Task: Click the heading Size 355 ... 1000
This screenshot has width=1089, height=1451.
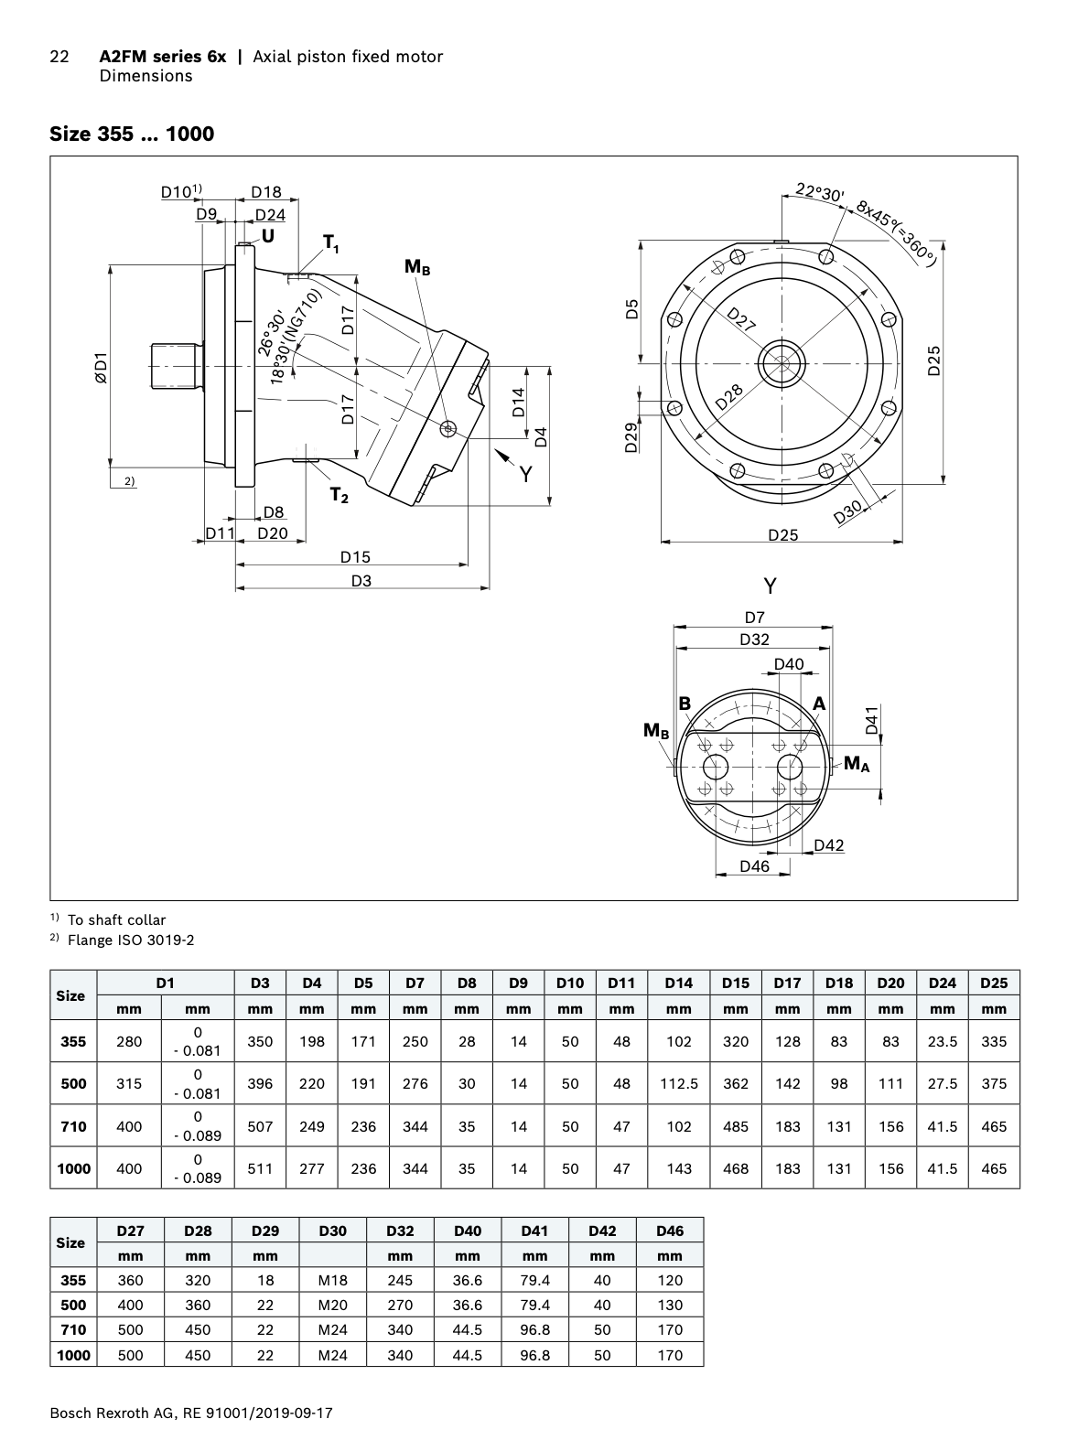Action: [132, 134]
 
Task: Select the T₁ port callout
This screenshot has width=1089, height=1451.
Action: [330, 243]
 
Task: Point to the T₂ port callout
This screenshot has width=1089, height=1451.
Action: [339, 496]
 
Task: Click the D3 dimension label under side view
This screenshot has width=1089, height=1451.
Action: [361, 580]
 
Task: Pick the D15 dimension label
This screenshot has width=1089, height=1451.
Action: [355, 556]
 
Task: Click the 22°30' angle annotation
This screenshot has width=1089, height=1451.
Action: [820, 192]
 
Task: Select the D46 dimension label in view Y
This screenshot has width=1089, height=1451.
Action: [754, 865]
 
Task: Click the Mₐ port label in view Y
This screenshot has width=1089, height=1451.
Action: [856, 763]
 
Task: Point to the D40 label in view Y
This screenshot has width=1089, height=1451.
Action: [788, 664]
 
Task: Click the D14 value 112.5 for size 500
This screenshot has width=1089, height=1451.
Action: [679, 1083]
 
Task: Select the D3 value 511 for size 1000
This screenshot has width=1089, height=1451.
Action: [260, 1168]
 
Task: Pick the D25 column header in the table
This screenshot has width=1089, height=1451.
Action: [993, 983]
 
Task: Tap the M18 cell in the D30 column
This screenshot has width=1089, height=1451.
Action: [332, 1280]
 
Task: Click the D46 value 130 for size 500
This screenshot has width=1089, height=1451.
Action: [670, 1305]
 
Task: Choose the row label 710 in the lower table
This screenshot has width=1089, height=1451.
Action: [72, 1329]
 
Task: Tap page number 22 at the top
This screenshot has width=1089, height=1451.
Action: [59, 57]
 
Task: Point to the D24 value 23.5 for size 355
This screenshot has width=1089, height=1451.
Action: [942, 1041]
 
